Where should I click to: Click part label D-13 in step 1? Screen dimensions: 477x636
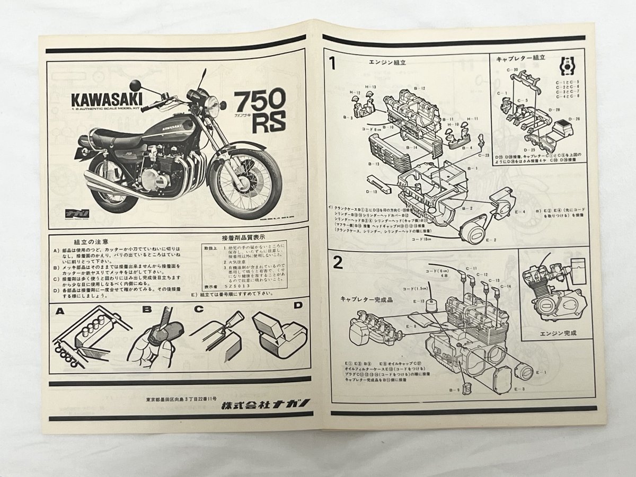(372, 192)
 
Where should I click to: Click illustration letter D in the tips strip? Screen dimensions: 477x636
(298, 306)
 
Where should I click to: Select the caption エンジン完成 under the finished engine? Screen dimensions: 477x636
(556, 333)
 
